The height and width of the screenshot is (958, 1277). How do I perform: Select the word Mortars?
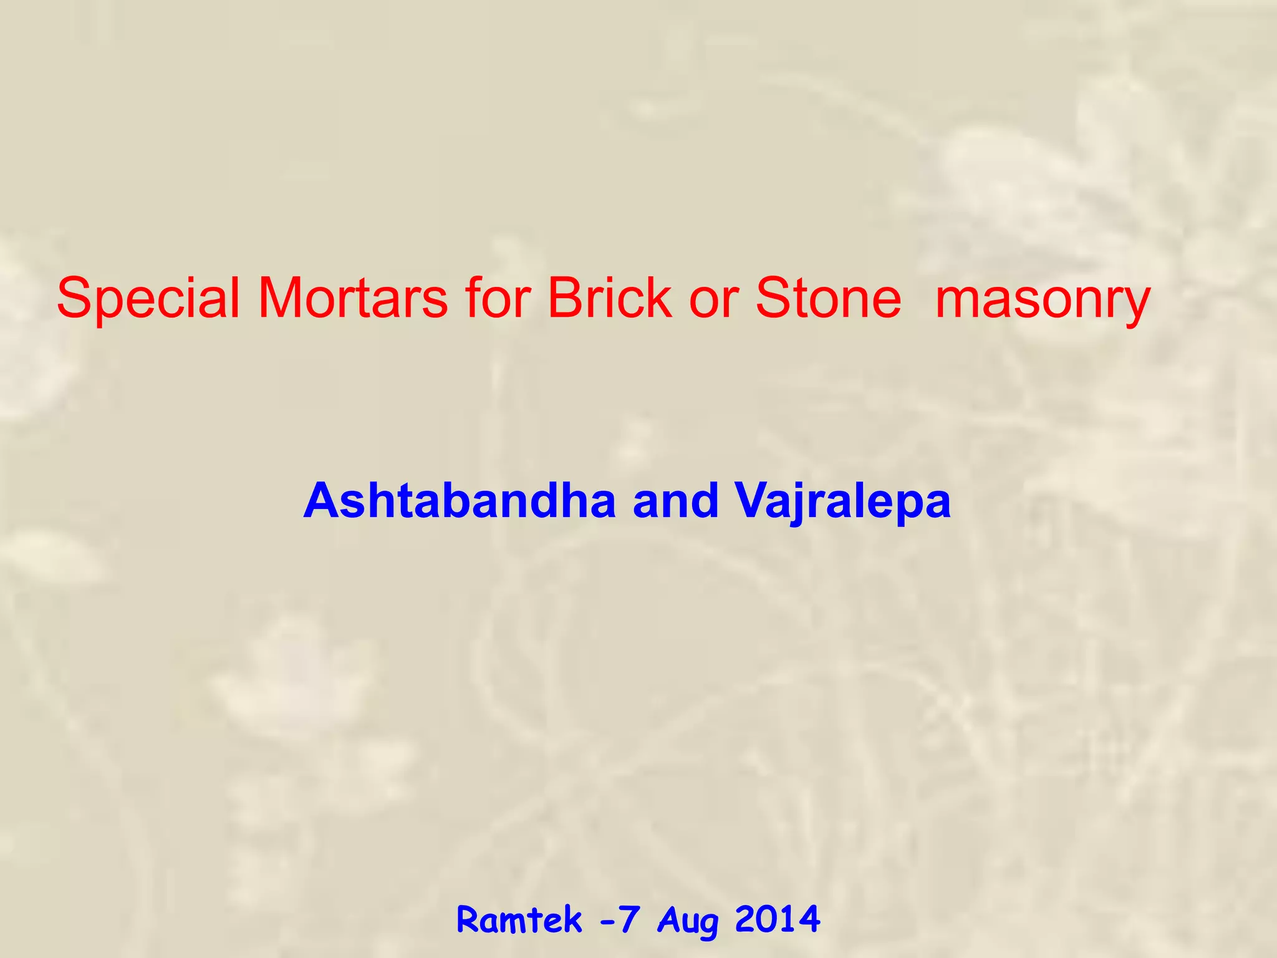(352, 298)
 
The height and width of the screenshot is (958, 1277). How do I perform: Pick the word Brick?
(609, 298)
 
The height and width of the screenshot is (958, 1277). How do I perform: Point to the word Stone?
(828, 298)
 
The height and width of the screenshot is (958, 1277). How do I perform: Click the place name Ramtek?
(519, 920)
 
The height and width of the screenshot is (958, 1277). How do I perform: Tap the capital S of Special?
(73, 298)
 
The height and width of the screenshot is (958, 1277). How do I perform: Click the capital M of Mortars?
(281, 298)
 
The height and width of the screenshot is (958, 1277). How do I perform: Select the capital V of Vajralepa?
(753, 500)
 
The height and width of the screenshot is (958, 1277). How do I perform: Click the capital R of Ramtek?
(469, 919)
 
